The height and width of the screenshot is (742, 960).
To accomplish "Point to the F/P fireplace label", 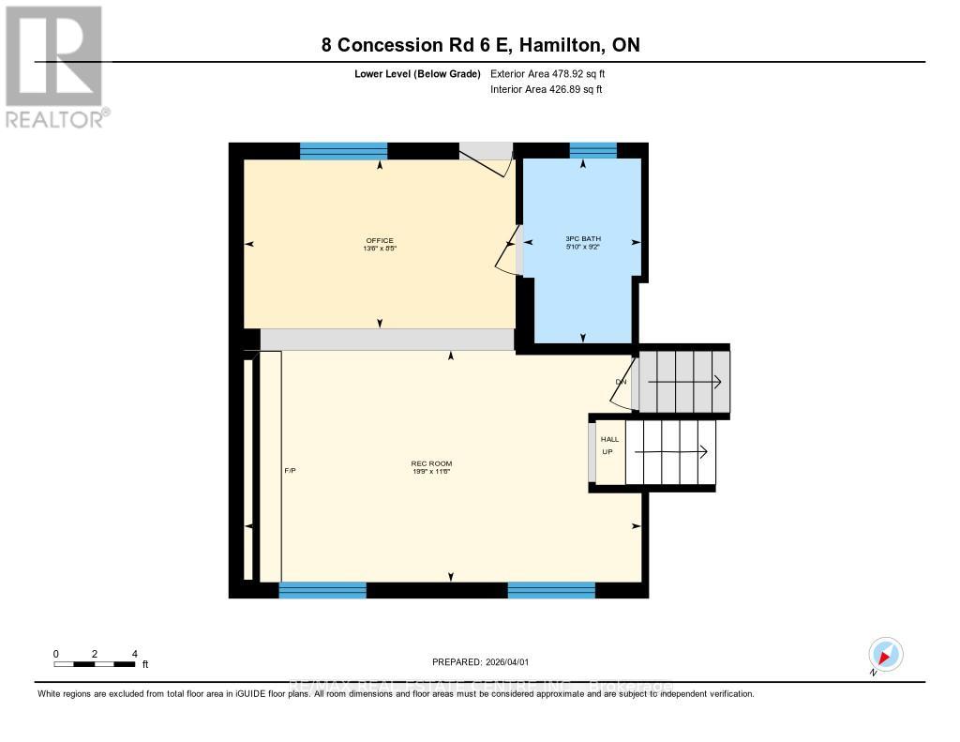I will pos(291,470).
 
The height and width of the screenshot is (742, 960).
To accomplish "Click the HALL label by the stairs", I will pos(609,439).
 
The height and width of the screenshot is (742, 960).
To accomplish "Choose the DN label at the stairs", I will pos(621,382).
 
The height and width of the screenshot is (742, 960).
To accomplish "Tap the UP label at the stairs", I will pos(607,452).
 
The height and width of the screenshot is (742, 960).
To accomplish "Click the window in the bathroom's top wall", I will pos(592,150).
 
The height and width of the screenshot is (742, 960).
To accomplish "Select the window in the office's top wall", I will pos(343,150).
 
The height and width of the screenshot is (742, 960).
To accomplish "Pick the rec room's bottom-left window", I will pos(322,590).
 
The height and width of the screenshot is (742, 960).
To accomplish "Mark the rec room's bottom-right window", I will pos(551,590).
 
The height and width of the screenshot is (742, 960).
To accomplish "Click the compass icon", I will pos(885,654).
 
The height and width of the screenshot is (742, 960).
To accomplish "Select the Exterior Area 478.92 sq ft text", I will pos(554,73).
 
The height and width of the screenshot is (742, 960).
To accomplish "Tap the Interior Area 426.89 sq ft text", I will pos(546,90).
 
